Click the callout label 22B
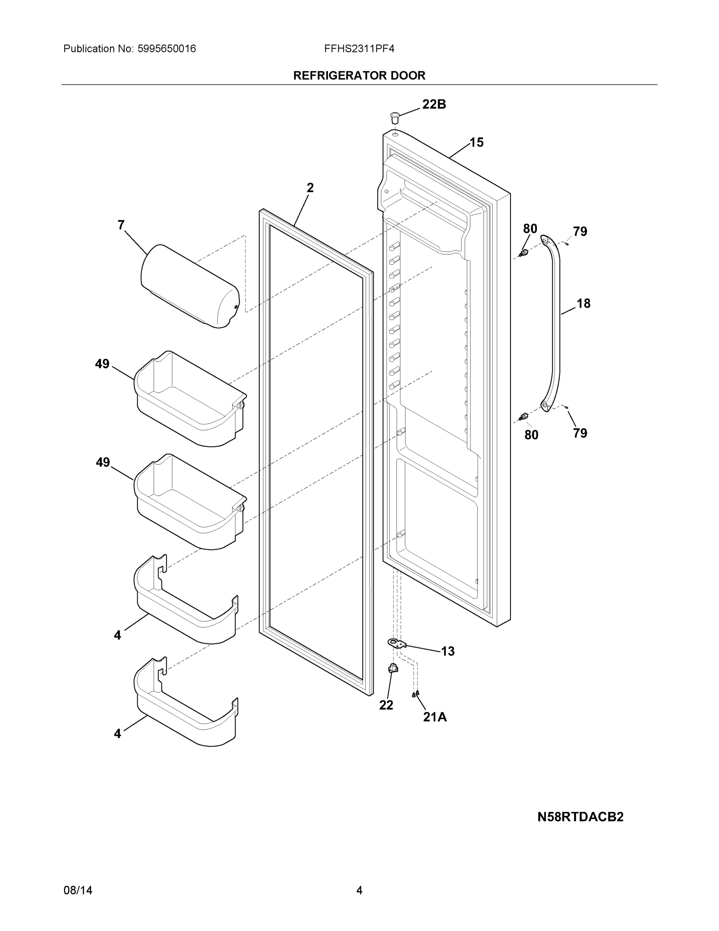click(x=434, y=104)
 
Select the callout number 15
click(x=476, y=142)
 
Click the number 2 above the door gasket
click(x=310, y=188)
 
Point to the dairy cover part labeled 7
click(x=190, y=286)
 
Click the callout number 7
click(x=121, y=225)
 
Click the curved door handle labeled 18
click(x=553, y=324)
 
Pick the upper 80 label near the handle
click(x=530, y=229)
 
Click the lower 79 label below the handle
click(x=580, y=433)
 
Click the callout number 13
click(x=447, y=651)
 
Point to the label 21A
click(x=435, y=717)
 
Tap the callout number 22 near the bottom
click(x=386, y=706)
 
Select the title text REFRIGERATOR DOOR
click(x=359, y=76)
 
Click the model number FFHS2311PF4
click(x=359, y=48)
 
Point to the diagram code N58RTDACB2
click(x=580, y=817)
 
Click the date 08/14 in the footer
click(x=78, y=890)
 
